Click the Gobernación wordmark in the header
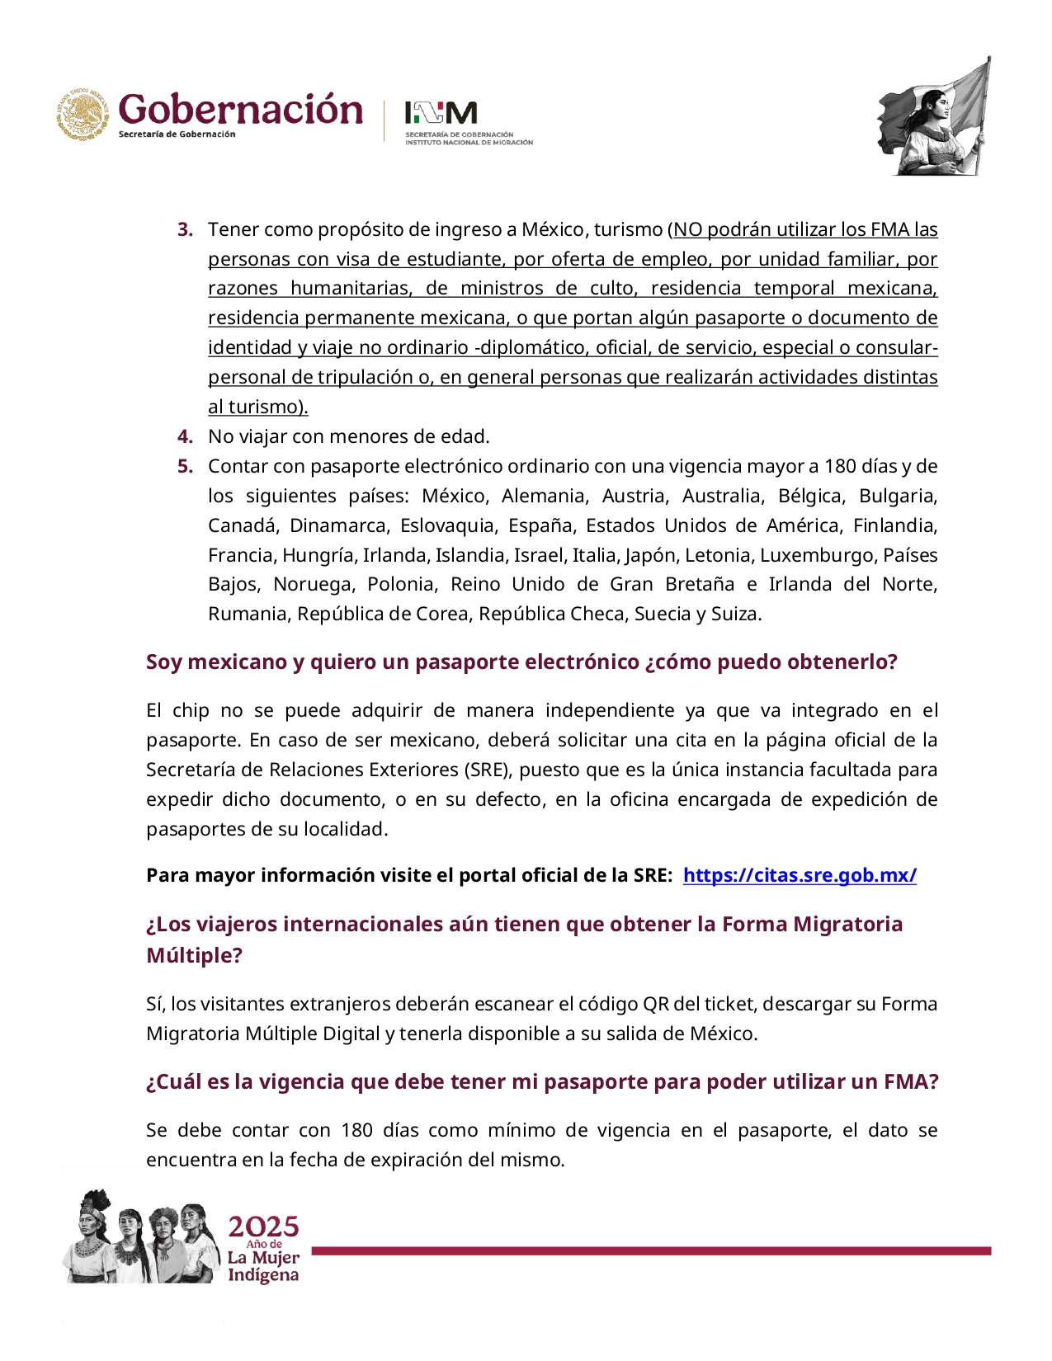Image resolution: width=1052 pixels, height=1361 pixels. tap(240, 110)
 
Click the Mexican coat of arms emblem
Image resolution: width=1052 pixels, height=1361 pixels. tap(83, 115)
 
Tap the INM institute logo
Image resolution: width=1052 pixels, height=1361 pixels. tap(441, 113)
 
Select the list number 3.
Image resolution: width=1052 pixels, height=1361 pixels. tap(185, 229)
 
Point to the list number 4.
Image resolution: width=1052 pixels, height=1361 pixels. tap(185, 436)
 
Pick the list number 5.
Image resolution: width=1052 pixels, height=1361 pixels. tap(185, 466)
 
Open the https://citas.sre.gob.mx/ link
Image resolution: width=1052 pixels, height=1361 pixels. tap(799, 875)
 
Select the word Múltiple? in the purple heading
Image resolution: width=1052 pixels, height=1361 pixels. tap(194, 955)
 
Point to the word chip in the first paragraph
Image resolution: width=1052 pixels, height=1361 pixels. tap(191, 710)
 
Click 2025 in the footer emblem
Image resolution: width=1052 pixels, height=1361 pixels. tap(263, 1227)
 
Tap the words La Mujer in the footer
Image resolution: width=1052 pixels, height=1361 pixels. tap(263, 1258)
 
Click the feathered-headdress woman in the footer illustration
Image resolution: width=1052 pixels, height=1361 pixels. tap(91, 1233)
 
